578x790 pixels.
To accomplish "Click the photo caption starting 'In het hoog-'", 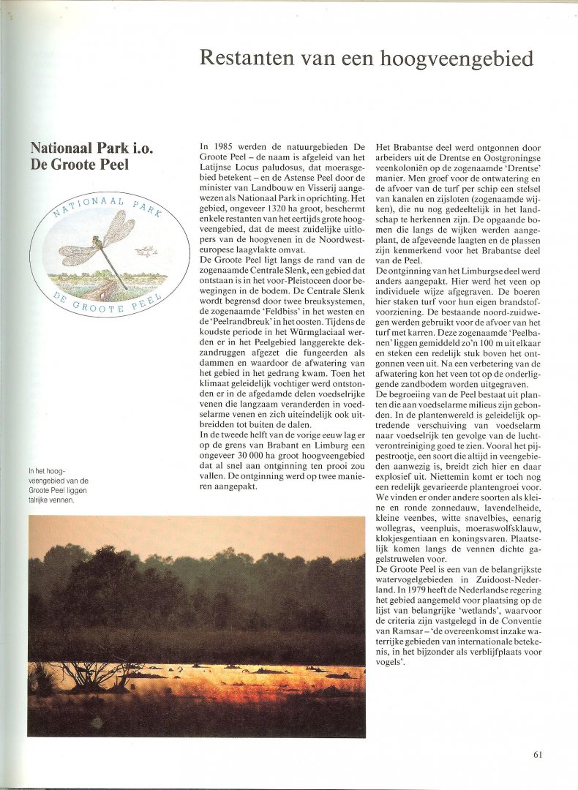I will [x=59, y=486].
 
